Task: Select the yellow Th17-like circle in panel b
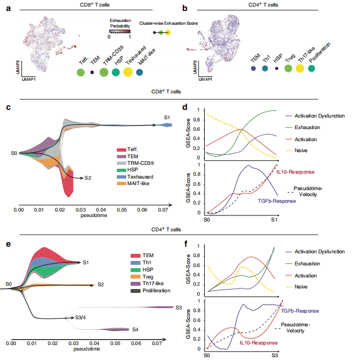[x=300, y=69]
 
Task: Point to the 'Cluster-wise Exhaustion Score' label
[x=169, y=24]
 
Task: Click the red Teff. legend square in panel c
[x=120, y=150]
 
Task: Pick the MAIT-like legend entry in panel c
[x=137, y=183]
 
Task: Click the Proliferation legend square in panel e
[x=121, y=291]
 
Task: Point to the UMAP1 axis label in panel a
[x=29, y=80]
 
